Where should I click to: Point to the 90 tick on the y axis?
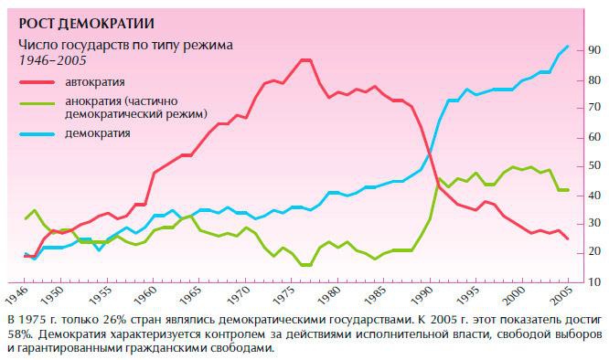(593, 49)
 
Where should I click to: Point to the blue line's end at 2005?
(568, 46)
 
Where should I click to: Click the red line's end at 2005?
(568, 239)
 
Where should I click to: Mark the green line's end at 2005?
(568, 190)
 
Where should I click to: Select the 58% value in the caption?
(18, 334)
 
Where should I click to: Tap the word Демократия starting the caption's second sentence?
(75, 334)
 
